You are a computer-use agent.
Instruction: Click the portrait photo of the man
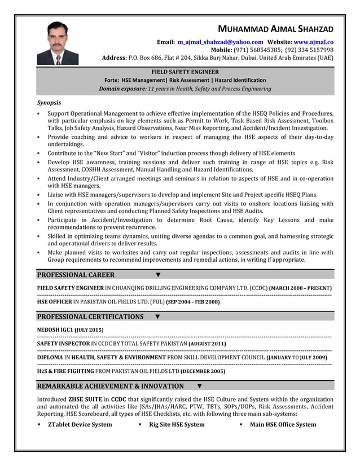tap(58, 43)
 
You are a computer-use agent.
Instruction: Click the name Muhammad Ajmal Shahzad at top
tap(276, 29)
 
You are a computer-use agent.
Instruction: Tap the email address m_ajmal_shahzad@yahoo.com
tap(220, 42)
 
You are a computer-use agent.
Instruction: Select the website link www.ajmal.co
tap(314, 42)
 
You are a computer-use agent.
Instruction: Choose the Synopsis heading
tap(49, 103)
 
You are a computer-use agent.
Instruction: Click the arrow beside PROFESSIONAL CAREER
tap(158, 275)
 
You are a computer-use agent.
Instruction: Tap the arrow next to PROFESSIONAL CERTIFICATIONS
tap(157, 317)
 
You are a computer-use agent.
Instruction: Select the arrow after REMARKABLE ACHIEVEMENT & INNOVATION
tap(200, 386)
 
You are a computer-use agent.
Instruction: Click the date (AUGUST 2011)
tap(207, 344)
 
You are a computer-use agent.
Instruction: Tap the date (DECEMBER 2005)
tap(203, 372)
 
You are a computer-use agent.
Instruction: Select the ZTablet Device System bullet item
tap(80, 425)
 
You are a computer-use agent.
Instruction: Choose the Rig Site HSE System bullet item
tap(177, 425)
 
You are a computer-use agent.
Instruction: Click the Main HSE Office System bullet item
tap(283, 425)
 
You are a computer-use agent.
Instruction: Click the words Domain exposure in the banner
tap(122, 89)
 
